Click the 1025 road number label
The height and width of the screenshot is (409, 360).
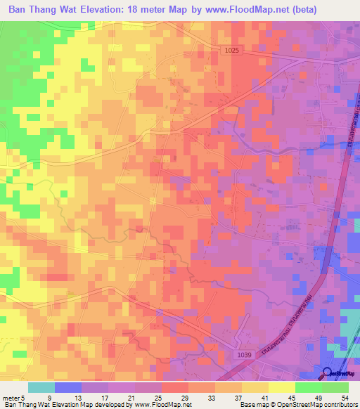[x=233, y=51]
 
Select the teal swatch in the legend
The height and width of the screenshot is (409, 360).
[x=41, y=387]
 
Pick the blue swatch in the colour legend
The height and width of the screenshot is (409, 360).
[x=68, y=387]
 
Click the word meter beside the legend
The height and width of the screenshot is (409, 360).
[x=12, y=397]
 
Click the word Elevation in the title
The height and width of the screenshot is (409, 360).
[x=104, y=10]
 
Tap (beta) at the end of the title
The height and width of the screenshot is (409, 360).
[x=301, y=10]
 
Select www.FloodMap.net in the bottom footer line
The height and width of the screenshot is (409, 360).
[x=162, y=405]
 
